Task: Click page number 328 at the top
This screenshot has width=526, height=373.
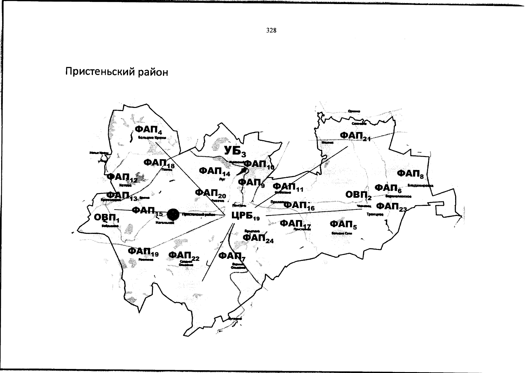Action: [271, 30]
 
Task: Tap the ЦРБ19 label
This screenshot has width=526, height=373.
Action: [246, 215]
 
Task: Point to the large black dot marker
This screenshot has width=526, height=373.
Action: [173, 214]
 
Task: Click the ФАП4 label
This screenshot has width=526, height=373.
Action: [148, 130]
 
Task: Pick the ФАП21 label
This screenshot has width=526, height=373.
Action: [355, 136]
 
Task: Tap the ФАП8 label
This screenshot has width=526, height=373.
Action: [410, 173]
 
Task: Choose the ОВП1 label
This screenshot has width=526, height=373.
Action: [106, 218]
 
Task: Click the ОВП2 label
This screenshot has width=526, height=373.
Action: [358, 195]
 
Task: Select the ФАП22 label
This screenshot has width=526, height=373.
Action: [184, 256]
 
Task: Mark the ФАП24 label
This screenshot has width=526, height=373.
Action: [258, 238]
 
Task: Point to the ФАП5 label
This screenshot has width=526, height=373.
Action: [343, 224]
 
